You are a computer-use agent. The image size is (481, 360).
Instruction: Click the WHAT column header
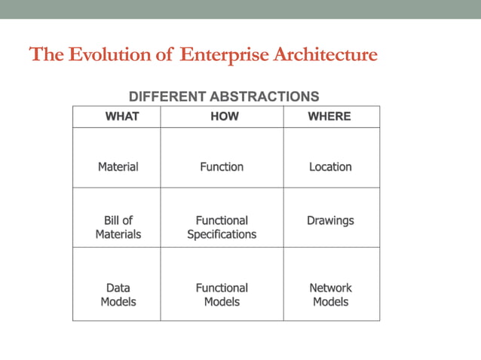pos(121,117)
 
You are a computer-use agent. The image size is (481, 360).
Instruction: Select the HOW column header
pos(224,117)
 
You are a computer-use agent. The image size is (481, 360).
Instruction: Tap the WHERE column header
pos(329,117)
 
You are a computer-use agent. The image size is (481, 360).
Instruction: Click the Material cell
pos(118,166)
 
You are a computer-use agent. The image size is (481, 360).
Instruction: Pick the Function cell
pos(222,166)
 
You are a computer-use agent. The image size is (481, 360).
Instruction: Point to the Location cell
pos(330,166)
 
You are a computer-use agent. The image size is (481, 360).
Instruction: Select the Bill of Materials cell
pos(118,227)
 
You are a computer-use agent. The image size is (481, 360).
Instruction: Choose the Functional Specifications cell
pos(222,227)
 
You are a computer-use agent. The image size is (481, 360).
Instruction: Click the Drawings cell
pos(330,221)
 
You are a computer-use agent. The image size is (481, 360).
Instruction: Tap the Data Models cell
pos(118,294)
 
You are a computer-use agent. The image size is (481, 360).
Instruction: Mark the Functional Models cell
pos(222,294)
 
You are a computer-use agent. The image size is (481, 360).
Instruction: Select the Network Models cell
pos(330,294)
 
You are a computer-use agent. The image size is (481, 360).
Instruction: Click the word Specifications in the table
pos(222,234)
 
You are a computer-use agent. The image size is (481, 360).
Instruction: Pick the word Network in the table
pos(330,288)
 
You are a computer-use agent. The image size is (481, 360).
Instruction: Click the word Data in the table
pos(118,288)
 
